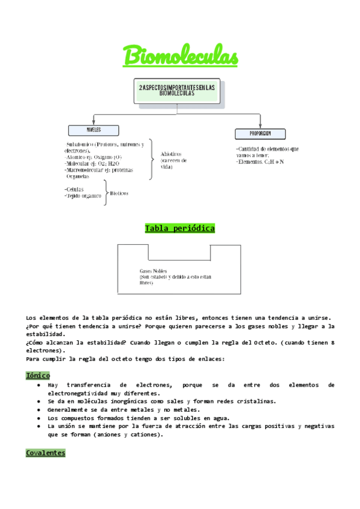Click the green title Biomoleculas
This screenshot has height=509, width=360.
click(181, 56)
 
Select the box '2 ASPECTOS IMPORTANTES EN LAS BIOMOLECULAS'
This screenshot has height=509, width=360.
click(176, 91)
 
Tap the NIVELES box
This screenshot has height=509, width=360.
click(94, 130)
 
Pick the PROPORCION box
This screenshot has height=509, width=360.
click(260, 133)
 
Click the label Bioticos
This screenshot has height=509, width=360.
click(119, 193)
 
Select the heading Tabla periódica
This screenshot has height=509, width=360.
click(179, 229)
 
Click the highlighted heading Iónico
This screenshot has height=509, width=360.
click(38, 375)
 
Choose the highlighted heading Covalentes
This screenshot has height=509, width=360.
click(45, 453)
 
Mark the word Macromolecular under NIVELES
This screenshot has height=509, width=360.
click(88, 170)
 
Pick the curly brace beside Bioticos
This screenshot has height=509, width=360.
click(106, 193)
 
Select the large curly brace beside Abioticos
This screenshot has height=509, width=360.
click(151, 159)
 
